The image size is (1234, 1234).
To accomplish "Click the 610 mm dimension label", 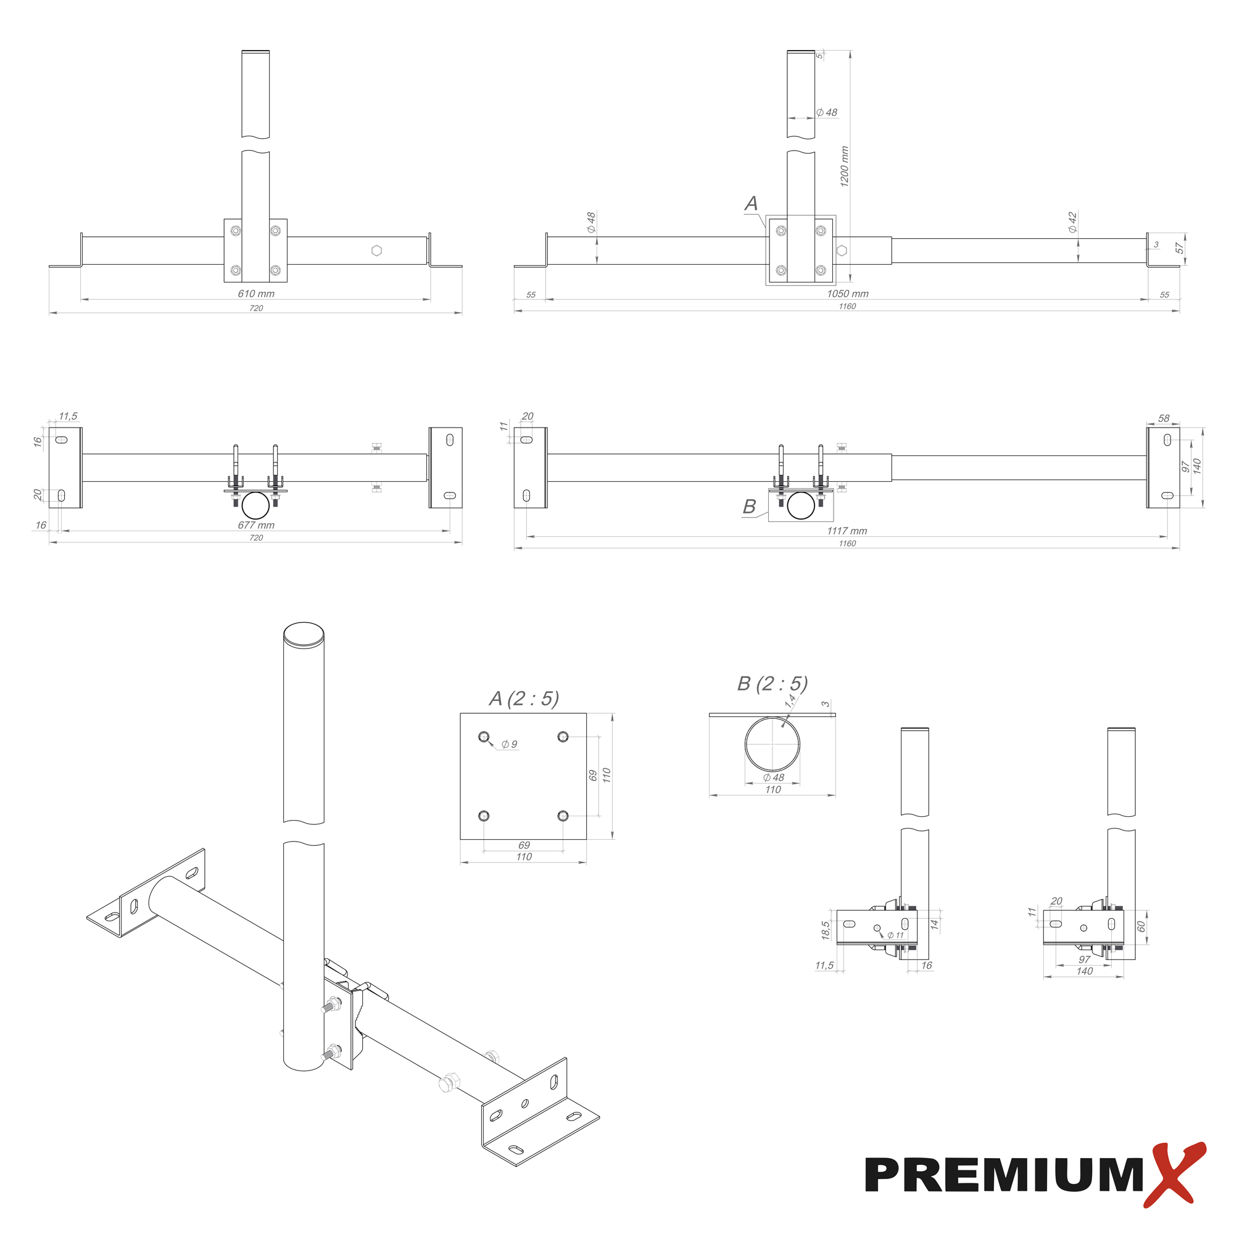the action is [x=256, y=294].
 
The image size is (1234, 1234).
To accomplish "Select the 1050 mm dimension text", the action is [x=848, y=294].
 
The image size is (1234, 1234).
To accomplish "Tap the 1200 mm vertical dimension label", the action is [x=845, y=166].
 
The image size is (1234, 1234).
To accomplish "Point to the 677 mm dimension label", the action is [x=256, y=525].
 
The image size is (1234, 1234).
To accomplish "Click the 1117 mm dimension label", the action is [x=847, y=531].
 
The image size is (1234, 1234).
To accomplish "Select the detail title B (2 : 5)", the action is [x=772, y=684].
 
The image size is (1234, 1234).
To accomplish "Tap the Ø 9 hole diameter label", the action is [x=509, y=744].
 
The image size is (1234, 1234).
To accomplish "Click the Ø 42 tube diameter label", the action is [x=1072, y=222].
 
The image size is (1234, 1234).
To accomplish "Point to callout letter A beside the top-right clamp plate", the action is [x=751, y=204].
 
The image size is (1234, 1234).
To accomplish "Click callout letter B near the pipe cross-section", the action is [x=749, y=507].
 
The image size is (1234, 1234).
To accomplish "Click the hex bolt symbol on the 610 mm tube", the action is [x=377, y=251].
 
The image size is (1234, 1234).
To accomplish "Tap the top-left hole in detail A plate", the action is [x=484, y=737].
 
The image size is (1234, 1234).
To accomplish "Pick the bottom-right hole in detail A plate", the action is [x=563, y=816].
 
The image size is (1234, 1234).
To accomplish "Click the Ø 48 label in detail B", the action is [x=774, y=777].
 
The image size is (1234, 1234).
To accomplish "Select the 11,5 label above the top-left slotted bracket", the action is [x=68, y=416].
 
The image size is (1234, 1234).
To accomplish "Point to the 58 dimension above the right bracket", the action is [x=1164, y=418].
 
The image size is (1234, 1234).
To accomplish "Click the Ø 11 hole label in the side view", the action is [x=895, y=935].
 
